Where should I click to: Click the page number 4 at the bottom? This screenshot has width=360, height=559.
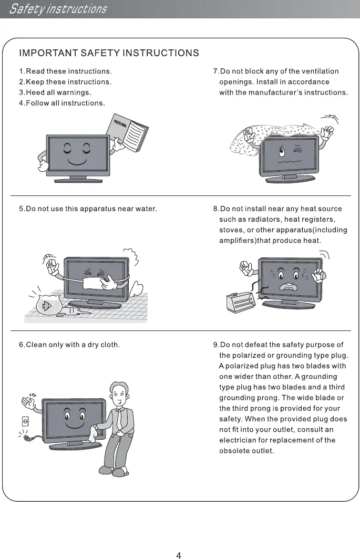coord(179,555)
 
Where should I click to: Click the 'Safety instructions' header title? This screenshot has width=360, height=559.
coord(58,9)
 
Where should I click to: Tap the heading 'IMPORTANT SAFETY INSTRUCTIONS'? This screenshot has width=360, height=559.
coord(109,53)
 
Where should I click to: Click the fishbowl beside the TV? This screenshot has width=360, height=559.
coord(47,305)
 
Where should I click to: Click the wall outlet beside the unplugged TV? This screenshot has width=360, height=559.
coord(24,421)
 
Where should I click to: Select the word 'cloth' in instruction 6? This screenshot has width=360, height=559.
coord(110,345)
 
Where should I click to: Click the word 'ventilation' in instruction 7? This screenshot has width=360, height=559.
coord(320,71)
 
